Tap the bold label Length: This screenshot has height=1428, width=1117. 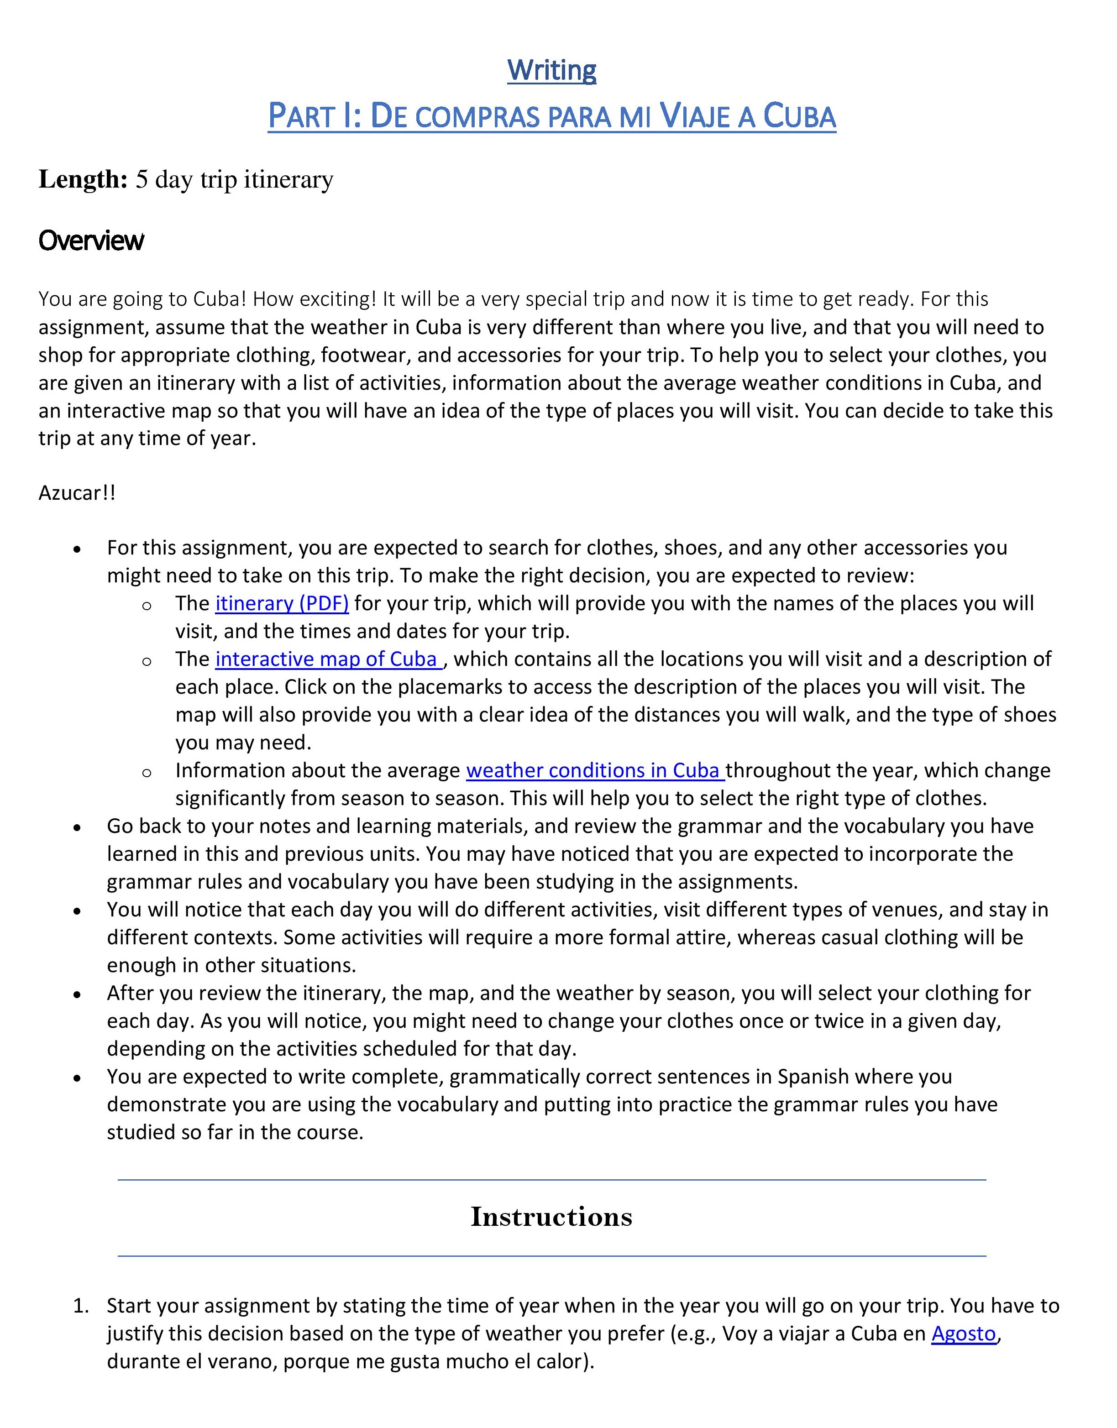83,179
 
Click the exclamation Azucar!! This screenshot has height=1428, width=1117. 77,492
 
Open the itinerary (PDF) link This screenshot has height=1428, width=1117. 282,603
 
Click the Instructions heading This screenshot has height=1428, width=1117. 551,1217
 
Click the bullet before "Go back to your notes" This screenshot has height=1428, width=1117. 78,827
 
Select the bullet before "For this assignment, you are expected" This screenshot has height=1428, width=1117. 78,549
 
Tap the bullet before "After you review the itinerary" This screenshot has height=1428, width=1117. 78,994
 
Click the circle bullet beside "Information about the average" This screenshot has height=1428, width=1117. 147,772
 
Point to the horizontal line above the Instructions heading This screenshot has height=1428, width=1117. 551,1180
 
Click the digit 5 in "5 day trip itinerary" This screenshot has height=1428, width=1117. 141,180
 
